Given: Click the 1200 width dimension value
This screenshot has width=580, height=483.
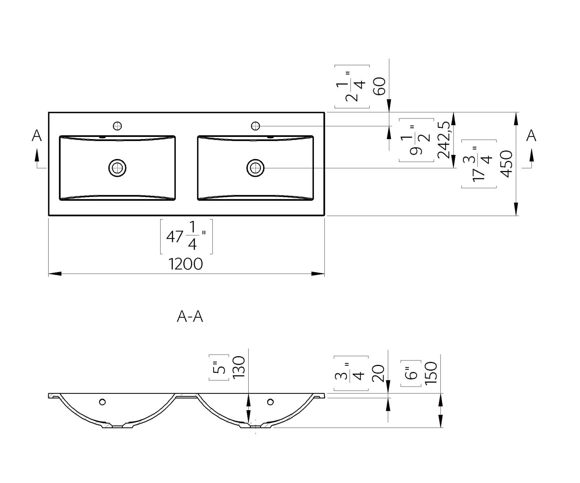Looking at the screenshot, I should click(x=186, y=264).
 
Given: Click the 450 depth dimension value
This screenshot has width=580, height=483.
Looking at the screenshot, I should click(x=506, y=164).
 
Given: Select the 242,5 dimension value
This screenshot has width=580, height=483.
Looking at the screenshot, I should click(x=444, y=140).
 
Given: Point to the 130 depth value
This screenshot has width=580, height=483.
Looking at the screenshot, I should click(x=239, y=367).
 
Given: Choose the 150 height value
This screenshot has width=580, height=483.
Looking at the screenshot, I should click(x=431, y=373).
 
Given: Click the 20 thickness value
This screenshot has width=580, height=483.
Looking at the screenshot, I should click(x=378, y=374).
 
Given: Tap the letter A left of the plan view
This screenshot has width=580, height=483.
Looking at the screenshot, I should click(x=37, y=136).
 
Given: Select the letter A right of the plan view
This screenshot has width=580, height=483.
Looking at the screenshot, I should click(x=531, y=136).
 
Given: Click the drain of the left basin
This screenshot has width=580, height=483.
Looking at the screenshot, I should click(x=117, y=168).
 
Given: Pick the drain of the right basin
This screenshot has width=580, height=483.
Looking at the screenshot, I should click(x=256, y=168).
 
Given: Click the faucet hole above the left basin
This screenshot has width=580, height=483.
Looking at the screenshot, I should click(x=117, y=126).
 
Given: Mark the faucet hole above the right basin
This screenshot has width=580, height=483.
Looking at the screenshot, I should click(x=256, y=126).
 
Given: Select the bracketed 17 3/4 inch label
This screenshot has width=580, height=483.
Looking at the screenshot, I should click(x=479, y=164).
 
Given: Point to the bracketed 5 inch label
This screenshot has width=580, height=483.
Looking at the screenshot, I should click(x=219, y=367).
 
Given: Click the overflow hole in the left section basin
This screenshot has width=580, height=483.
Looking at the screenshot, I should click(x=102, y=402).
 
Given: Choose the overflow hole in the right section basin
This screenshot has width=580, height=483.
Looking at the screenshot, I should click(x=270, y=402).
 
